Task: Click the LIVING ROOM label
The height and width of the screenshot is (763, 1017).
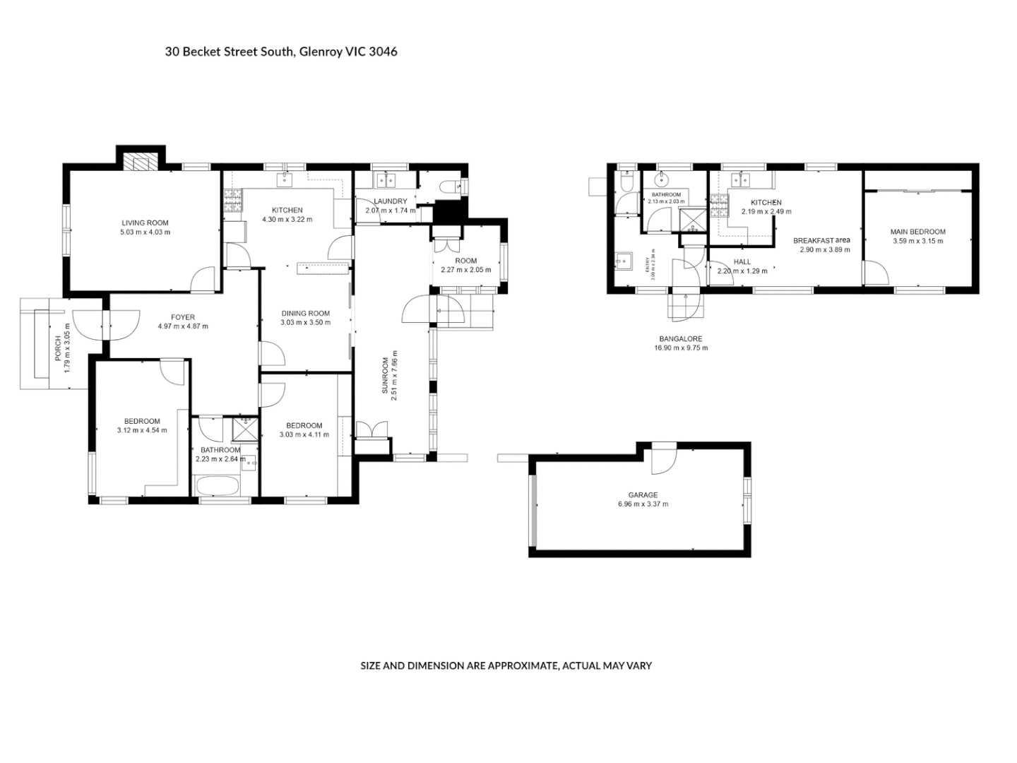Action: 145,223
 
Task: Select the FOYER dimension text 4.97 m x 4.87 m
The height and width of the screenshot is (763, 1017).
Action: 183,326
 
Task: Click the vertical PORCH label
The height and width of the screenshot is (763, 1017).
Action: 58,348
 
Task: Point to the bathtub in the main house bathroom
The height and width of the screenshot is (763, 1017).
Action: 216,486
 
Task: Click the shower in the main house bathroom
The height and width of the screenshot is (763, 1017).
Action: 245,430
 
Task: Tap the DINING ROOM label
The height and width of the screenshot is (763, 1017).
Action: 306,314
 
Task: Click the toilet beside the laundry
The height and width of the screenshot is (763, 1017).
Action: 449,187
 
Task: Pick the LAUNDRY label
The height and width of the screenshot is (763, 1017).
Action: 390,201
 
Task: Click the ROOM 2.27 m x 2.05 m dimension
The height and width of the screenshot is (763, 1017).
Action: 466,270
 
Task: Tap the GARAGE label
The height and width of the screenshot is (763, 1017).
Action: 643,495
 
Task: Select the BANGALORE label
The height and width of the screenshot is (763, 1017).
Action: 680,339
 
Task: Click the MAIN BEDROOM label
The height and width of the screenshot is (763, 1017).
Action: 917,232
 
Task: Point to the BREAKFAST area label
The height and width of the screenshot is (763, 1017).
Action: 821,240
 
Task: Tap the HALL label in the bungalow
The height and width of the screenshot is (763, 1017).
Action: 742,262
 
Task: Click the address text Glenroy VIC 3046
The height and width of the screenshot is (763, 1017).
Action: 348,52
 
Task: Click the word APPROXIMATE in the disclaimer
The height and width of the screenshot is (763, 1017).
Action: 523,666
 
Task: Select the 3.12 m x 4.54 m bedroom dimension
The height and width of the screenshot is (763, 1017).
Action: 142,430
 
